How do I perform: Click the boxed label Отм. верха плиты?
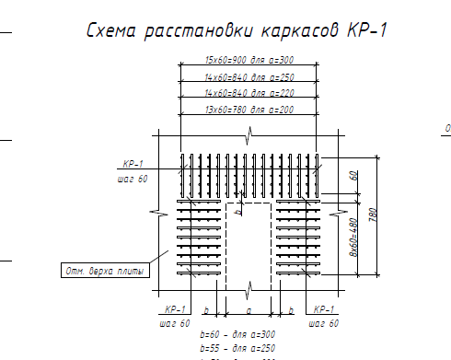click(x=98, y=271)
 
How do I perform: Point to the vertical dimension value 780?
click(x=372, y=215)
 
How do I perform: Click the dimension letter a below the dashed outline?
click(x=248, y=311)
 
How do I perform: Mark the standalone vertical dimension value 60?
click(x=353, y=175)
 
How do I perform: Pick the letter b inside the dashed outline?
click(x=239, y=211)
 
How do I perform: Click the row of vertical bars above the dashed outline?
click(x=249, y=170)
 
